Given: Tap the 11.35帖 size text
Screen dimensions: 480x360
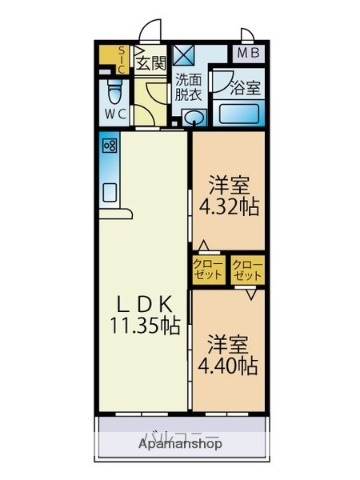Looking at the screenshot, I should [x=145, y=325].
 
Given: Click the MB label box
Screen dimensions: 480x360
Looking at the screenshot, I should [x=247, y=53].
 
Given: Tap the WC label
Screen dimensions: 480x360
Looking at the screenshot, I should [x=116, y=115].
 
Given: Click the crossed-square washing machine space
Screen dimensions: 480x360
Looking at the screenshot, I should [x=185, y=54].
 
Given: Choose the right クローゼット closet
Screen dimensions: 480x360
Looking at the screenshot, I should [x=246, y=269].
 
